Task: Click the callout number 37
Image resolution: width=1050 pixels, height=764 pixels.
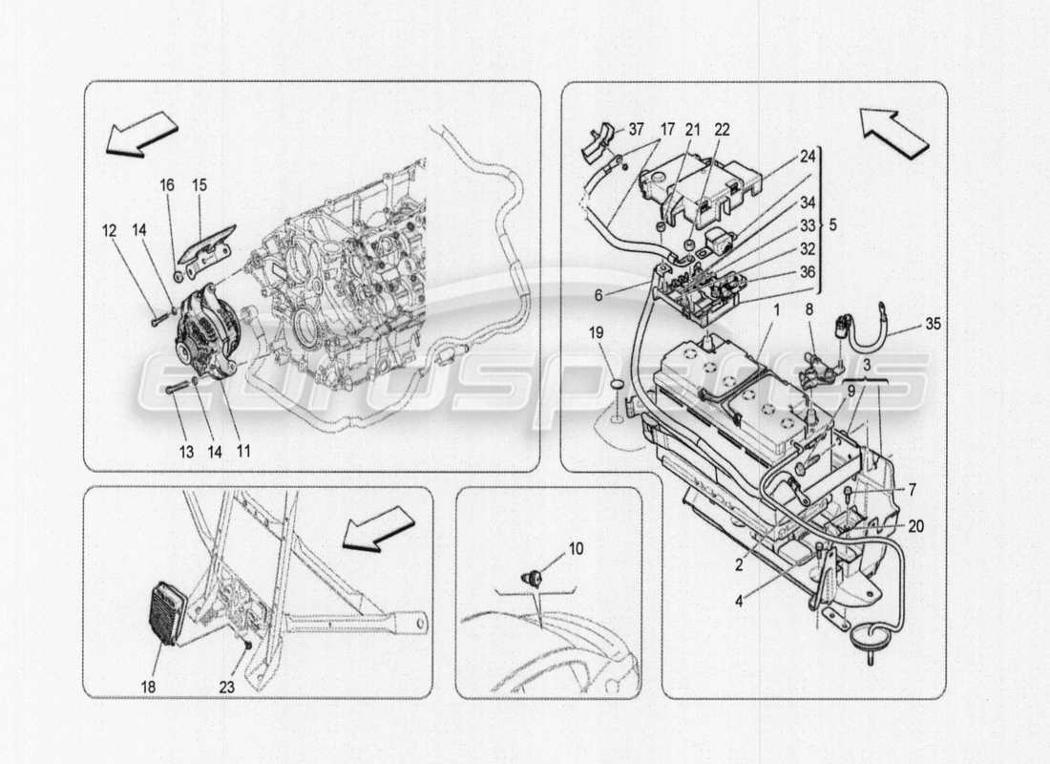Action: click(x=636, y=131)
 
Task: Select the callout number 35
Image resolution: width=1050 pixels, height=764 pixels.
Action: click(x=933, y=323)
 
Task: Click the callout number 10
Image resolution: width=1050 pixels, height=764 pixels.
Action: click(x=577, y=549)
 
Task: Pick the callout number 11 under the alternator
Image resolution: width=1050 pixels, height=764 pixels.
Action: click(x=243, y=450)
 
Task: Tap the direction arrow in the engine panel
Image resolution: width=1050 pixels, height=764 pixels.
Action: click(x=141, y=132)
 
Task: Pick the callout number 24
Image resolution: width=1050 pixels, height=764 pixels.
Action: click(x=808, y=157)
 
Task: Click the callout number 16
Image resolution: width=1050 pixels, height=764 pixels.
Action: click(x=168, y=184)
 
